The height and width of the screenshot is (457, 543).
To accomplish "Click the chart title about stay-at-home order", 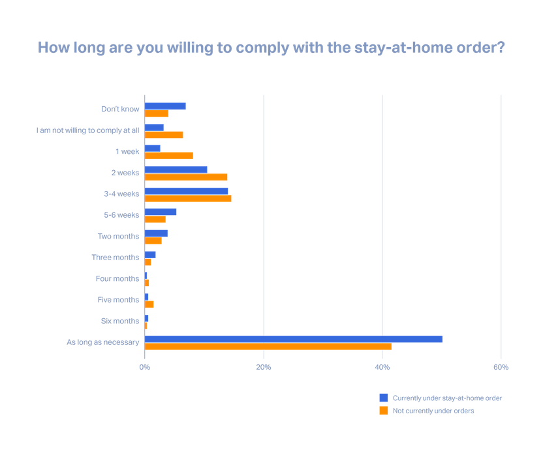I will point(271,48).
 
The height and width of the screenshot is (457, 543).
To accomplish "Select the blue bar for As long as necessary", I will point(294,338).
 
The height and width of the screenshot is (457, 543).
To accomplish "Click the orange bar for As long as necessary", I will point(268,347).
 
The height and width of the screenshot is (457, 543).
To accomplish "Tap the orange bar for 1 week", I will point(169,156).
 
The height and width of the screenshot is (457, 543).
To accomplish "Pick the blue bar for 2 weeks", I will point(176,169).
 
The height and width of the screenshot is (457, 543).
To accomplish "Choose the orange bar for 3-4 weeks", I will point(188,198).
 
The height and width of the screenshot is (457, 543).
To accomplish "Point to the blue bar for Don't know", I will point(166,106).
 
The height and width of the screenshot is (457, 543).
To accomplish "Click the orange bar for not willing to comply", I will point(164,135).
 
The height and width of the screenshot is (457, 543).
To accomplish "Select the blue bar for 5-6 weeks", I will point(161,211).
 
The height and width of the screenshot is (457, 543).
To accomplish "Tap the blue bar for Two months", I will point(157,233).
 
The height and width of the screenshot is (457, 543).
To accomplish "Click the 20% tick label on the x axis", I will point(263,368).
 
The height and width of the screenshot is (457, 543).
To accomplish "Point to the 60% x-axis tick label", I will point(501,368).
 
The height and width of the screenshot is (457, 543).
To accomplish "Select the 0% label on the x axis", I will point(144,368).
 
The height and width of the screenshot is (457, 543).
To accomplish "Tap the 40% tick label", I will point(382,368).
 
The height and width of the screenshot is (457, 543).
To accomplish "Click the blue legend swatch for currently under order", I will point(384,398).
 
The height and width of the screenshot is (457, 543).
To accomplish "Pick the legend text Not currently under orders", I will point(433,411).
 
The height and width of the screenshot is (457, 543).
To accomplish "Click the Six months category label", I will point(120,321).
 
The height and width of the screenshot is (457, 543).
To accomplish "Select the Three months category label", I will point(115,258).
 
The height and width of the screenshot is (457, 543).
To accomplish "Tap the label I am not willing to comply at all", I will point(87,130).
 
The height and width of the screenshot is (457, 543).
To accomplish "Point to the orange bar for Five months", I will point(149,304).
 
